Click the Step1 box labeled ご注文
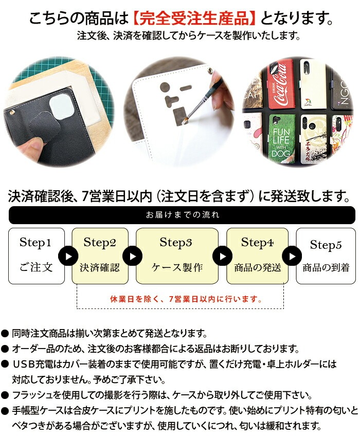(37, 256)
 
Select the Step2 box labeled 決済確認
(100, 256)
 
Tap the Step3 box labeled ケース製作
(176, 256)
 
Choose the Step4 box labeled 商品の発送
(257, 256)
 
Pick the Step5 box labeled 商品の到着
(326, 256)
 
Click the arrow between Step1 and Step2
(68, 256)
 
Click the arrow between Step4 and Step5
(292, 256)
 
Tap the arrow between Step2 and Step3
(132, 256)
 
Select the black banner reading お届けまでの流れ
(182, 215)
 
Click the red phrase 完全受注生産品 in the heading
(196, 20)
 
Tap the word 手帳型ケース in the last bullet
(37, 411)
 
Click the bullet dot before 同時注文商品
(5, 334)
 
